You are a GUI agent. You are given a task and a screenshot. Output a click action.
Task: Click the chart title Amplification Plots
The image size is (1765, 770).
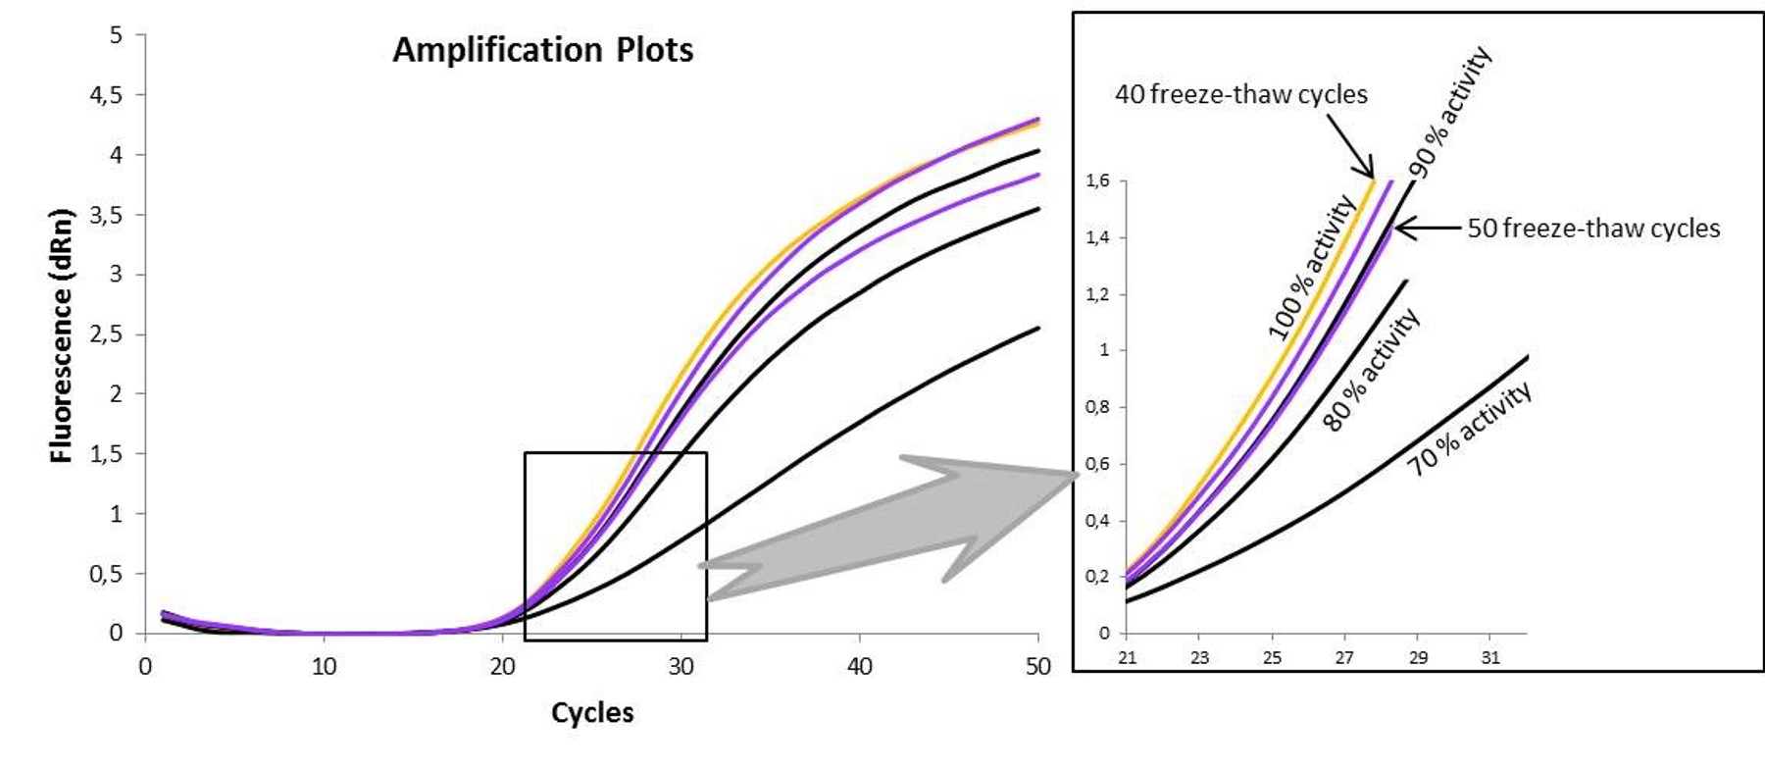[x=542, y=50]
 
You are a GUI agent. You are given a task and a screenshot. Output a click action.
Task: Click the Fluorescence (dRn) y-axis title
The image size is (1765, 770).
[x=62, y=335]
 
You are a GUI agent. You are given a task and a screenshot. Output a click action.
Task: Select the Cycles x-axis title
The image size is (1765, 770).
[x=592, y=713]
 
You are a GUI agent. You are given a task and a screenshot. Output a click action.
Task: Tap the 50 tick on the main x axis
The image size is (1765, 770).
[x=1037, y=667]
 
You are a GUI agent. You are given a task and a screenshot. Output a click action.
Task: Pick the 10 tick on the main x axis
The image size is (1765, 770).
[x=324, y=667]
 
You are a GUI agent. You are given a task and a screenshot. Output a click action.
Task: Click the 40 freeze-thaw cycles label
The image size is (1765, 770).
[x=1240, y=95]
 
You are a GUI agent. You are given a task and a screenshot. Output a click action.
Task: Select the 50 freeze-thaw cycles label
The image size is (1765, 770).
[x=1593, y=229]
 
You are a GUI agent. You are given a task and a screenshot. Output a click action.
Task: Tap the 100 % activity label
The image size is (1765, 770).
[x=1311, y=267]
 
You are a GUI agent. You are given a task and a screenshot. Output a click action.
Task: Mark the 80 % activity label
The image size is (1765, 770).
[x=1371, y=370]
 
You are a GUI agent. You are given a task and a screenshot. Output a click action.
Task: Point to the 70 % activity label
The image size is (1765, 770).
[x=1469, y=429]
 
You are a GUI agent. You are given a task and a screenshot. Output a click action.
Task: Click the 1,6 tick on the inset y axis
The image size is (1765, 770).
[x=1097, y=180]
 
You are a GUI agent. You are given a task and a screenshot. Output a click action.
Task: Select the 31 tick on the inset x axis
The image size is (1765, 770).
[x=1490, y=657]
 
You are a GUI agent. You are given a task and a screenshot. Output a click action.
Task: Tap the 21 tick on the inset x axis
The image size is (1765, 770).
[x=1128, y=657]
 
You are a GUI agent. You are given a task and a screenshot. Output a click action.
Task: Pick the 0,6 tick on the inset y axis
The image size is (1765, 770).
[x=1097, y=464]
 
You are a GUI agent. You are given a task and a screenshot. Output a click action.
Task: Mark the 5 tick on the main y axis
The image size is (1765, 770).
[x=116, y=35]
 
